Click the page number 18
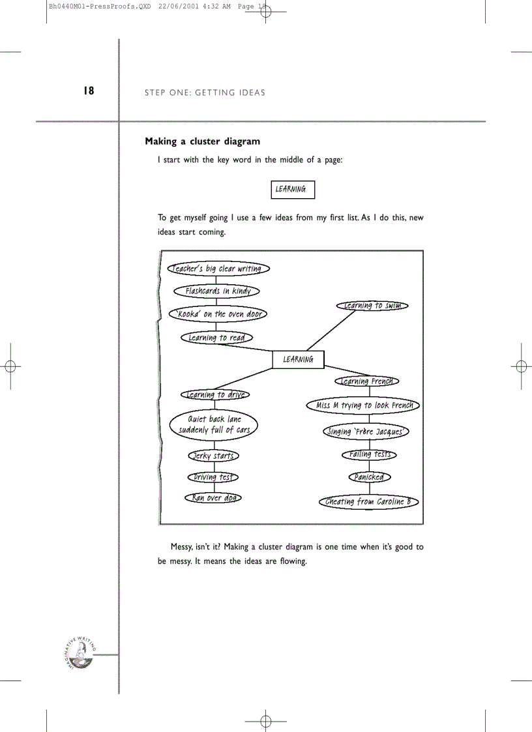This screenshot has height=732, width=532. coord(89,91)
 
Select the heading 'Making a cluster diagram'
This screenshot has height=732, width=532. coord(202,141)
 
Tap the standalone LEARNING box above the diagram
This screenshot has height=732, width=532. coord(293,190)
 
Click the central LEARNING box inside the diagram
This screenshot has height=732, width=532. coord(298,359)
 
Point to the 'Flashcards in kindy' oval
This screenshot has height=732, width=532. coord(216,291)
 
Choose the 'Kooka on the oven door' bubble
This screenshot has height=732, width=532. coord(218,314)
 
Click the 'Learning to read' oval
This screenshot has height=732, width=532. coord(216,338)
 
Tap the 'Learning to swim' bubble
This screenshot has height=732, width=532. coord(372,306)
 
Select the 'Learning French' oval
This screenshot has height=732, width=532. coord(367,381)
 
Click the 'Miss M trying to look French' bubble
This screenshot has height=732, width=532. coord(363,405)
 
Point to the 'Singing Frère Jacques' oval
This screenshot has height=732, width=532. coord(366,432)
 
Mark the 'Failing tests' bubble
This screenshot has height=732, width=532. coord(369,454)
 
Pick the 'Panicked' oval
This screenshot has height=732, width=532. coord(369,477)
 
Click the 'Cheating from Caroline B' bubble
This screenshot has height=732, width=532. coord(368,502)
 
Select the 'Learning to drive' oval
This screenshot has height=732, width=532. coord(215,394)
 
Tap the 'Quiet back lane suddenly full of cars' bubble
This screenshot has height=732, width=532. coord(214,424)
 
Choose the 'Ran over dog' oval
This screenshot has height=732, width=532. coord(214,498)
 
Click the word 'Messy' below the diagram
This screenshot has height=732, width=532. coord(181,547)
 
